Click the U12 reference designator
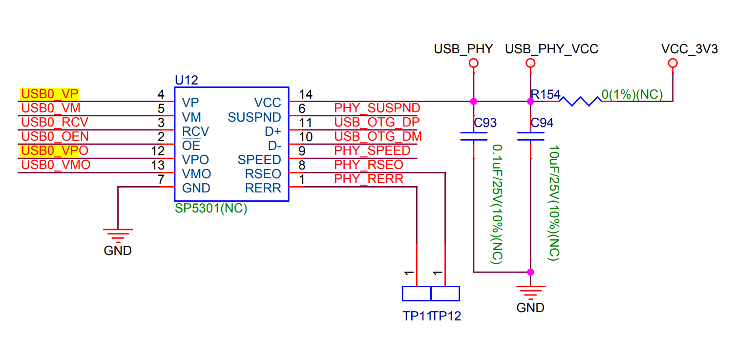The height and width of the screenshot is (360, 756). pyautogui.click(x=186, y=80)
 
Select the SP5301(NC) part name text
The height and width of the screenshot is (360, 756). pyautogui.click(x=211, y=209)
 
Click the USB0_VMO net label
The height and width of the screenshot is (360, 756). pyautogui.click(x=56, y=165)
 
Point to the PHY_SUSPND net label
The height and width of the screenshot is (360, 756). pyautogui.click(x=377, y=108)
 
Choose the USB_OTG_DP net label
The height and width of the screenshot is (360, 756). pyautogui.click(x=377, y=122)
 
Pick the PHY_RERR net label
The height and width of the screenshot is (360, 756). pyautogui.click(x=369, y=179)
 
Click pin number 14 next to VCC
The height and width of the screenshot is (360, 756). pyautogui.click(x=305, y=94)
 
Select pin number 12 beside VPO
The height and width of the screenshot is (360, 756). pyautogui.click(x=158, y=151)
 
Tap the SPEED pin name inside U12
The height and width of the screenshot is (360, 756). pyautogui.click(x=259, y=160)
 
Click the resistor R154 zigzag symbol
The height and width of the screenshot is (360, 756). pyautogui.click(x=580, y=101)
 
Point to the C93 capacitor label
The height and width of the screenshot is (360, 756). pyautogui.click(x=485, y=123)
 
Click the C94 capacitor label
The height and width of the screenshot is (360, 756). pyautogui.click(x=542, y=123)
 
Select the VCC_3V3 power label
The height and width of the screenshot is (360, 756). pyautogui.click(x=689, y=49)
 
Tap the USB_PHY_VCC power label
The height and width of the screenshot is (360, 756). pyautogui.click(x=551, y=49)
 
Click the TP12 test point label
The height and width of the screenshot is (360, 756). pyautogui.click(x=446, y=316)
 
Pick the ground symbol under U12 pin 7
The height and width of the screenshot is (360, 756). pyautogui.click(x=118, y=234)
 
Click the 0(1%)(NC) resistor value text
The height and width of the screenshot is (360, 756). pyautogui.click(x=632, y=94)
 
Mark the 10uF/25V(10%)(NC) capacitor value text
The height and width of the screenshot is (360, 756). pyautogui.click(x=554, y=203)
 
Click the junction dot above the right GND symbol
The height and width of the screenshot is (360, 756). pyautogui.click(x=531, y=272)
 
